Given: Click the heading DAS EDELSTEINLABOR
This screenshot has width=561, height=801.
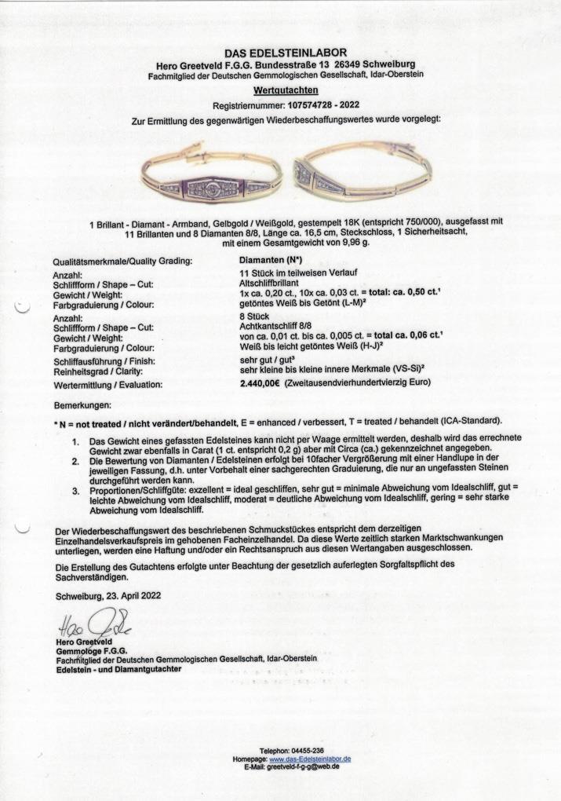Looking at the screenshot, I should coord(281,52).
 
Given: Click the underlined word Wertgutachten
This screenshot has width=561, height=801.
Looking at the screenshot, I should coord(280,91).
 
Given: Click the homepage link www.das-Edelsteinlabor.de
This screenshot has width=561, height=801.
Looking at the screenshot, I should coord(310,759).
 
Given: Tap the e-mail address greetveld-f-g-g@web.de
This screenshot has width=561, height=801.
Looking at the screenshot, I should coord(303,767).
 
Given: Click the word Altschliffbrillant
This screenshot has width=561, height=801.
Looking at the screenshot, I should coord(268,287).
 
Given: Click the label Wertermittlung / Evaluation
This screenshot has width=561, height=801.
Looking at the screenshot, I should coord(109,386).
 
